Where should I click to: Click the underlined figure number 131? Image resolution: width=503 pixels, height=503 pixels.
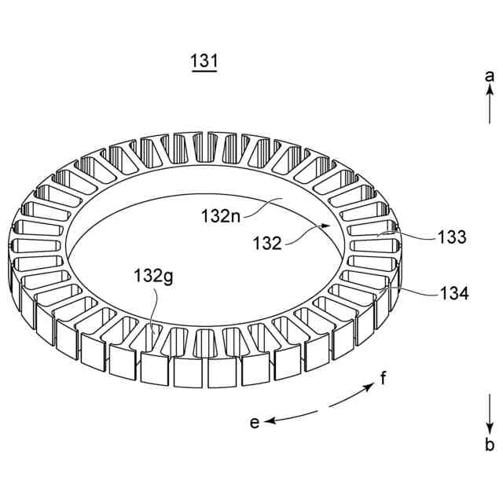204,61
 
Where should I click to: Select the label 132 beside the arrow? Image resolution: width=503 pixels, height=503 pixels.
267,244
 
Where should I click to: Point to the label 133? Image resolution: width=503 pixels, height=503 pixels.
451,237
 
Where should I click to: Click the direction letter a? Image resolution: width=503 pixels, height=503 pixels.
489,76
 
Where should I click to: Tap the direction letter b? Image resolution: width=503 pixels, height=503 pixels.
489,446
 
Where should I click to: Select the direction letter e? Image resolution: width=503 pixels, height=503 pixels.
255,423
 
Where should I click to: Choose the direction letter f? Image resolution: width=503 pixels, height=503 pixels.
383,379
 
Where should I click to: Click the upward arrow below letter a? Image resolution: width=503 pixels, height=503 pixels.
489,106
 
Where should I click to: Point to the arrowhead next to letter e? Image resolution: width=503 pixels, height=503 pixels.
269,422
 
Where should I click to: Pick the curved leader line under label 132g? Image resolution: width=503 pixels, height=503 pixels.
156,307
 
